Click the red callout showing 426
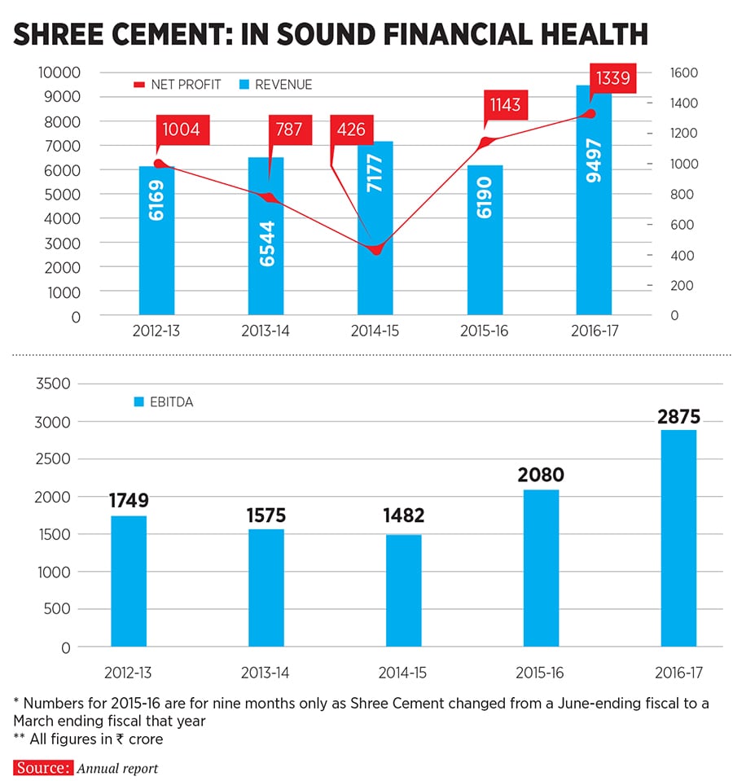coord(352,129)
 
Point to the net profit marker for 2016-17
coord(592,114)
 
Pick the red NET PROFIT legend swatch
coord(138,85)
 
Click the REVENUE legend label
coord(283,85)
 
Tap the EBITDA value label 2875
coord(678,417)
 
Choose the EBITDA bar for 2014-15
coord(403,590)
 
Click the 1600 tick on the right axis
coord(685,72)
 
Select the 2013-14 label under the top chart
coord(266,332)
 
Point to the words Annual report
coord(118,768)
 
